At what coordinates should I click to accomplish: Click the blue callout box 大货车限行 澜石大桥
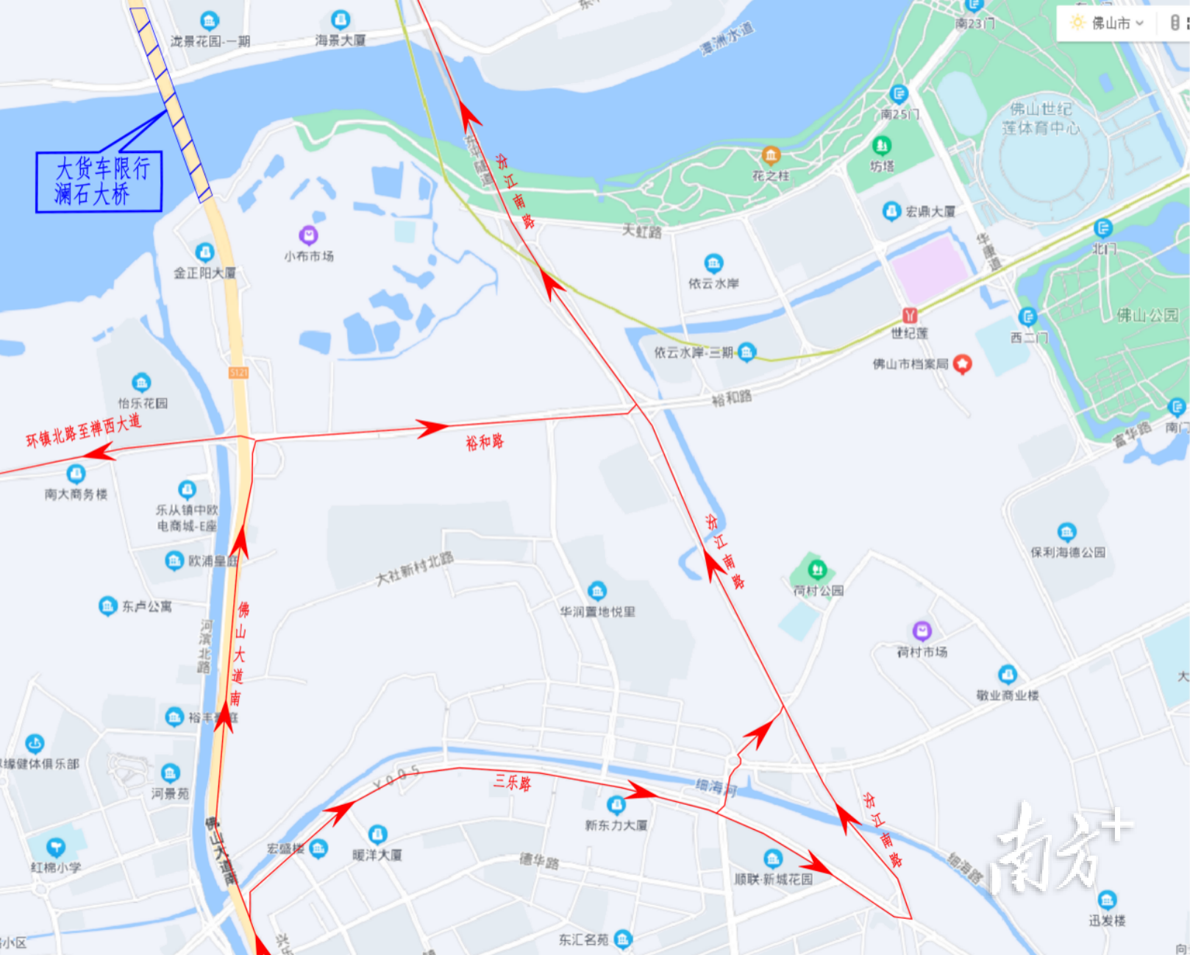[99, 182]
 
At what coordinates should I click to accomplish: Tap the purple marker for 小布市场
[308, 235]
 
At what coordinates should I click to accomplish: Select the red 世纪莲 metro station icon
[910, 316]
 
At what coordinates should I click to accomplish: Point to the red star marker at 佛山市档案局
[962, 363]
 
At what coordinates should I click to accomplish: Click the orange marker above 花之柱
[771, 155]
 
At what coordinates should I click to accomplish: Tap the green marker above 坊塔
[882, 146]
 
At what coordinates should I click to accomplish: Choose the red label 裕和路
[484, 441]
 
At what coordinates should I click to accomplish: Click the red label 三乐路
[512, 783]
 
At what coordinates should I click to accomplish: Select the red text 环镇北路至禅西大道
[83, 430]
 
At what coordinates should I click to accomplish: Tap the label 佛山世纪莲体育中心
[1041, 118]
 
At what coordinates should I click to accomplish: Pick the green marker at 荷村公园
[817, 569]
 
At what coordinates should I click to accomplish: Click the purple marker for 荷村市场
[922, 631]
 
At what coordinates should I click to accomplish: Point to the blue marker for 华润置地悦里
[596, 591]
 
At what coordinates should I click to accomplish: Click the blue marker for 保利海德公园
[1066, 531]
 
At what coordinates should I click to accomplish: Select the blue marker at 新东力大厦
[616, 804]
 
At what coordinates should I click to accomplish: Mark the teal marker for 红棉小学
[55, 847]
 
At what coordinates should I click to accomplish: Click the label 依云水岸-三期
[693, 353]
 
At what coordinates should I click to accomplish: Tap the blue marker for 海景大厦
[340, 19]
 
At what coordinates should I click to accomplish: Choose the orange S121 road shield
[238, 373]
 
